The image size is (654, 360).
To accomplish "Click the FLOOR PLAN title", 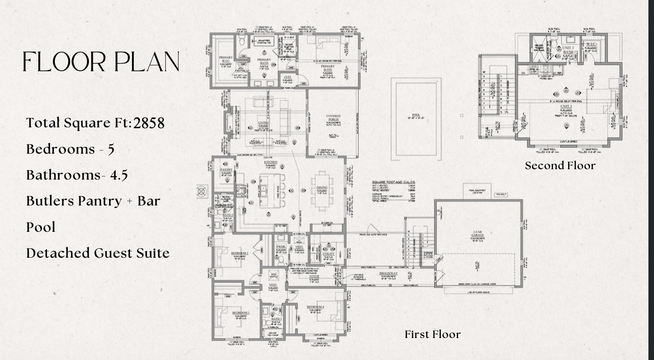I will point(101,62).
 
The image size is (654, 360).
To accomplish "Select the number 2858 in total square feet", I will point(149,123).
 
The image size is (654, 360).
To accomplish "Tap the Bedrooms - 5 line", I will point(70,149).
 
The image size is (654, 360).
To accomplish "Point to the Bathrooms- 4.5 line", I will point(77,175).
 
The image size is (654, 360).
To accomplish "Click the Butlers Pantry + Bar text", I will point(93,201).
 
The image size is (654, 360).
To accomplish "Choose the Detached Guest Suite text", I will point(97,253).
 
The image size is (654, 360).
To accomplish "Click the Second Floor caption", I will point(560,166).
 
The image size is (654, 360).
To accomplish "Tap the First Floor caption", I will point(432,335).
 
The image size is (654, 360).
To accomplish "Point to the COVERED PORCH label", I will point(333,117).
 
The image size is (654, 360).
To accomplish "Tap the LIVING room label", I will point(263,123).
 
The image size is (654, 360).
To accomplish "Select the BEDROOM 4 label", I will point(315,307).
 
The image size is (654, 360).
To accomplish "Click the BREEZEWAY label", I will point(388,274).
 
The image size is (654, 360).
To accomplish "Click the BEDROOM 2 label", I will point(239,253).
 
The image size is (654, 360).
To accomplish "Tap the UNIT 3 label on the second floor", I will point(566,107).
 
